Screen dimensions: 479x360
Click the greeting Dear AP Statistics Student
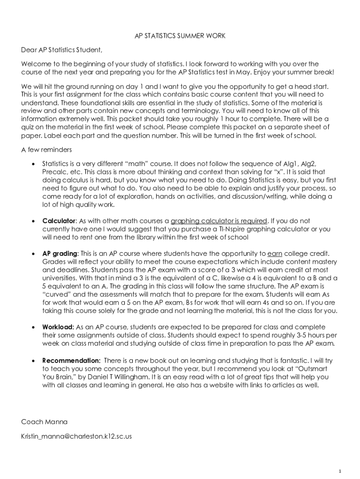(x=61, y=50)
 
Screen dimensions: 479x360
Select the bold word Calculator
(x=58, y=221)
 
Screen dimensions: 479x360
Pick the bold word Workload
(x=58, y=327)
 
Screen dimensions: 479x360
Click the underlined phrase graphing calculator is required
(x=219, y=221)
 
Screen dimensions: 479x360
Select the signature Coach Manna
(x=44, y=422)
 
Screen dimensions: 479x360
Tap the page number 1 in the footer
(x=342, y=471)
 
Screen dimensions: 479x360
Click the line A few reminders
(x=46, y=150)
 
